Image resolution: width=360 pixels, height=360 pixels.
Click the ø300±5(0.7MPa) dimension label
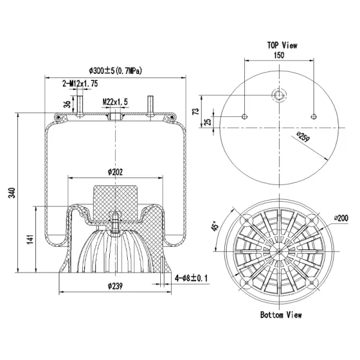[115, 71]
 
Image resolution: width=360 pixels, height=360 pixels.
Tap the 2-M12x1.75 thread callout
[80, 83]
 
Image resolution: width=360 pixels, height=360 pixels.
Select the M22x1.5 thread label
[115, 102]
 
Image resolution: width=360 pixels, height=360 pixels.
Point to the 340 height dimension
[12, 193]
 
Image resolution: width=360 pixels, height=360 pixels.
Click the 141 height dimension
[30, 239]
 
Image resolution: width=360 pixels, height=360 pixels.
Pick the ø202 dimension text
[115, 172]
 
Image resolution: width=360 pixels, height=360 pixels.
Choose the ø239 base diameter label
[115, 286]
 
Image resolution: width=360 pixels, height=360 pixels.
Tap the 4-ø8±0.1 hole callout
[191, 278]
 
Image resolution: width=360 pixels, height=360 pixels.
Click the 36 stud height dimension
[67, 104]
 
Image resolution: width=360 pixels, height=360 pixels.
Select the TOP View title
[282, 45]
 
